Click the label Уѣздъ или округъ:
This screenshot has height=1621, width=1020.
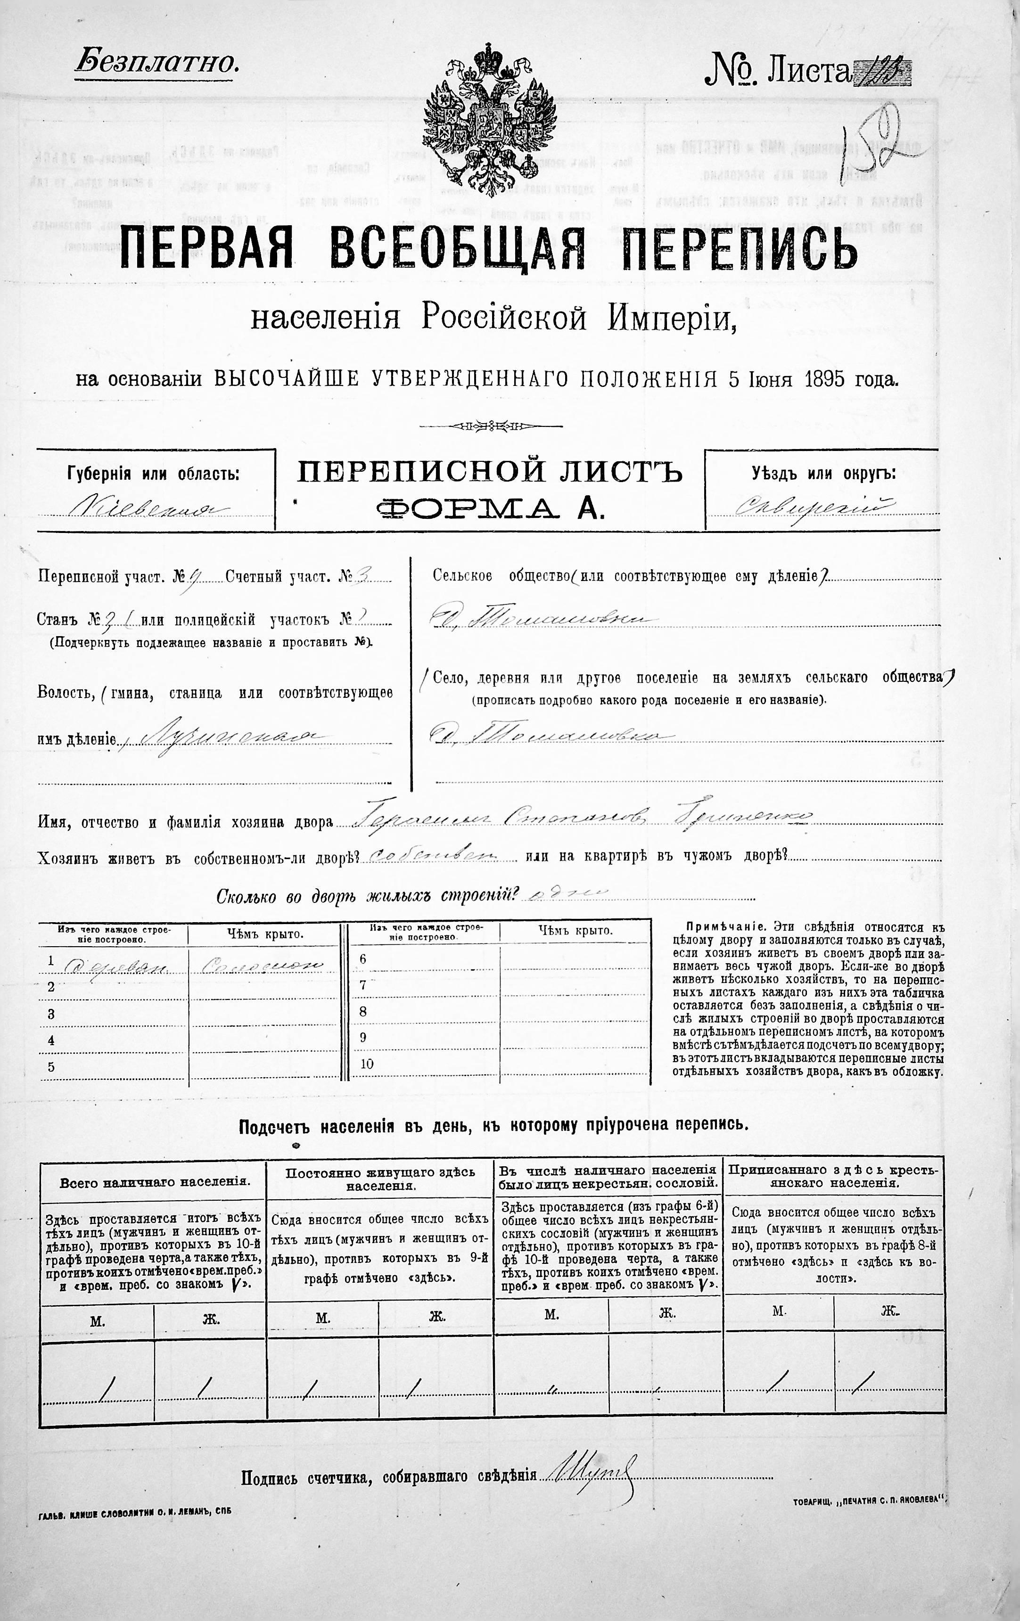click(823, 473)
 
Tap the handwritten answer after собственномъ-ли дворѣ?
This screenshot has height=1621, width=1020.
click(433, 856)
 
